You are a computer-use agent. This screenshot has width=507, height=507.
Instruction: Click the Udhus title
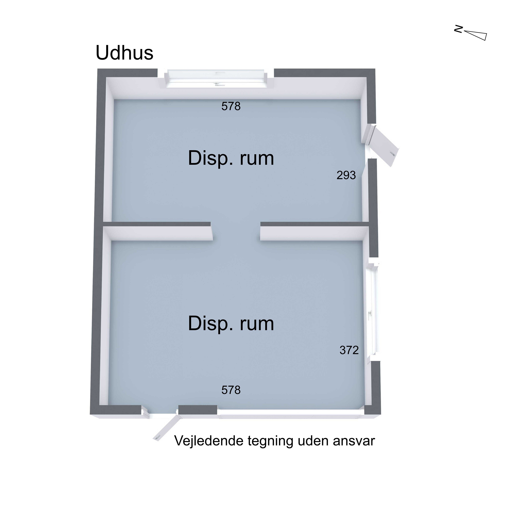point(124,53)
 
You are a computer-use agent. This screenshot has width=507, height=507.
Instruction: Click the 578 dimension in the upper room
point(231,106)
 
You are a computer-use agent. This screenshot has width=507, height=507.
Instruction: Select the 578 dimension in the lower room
point(231,390)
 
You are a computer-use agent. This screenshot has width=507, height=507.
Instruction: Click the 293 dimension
point(346,175)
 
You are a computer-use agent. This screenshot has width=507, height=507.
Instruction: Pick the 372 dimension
point(349,350)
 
